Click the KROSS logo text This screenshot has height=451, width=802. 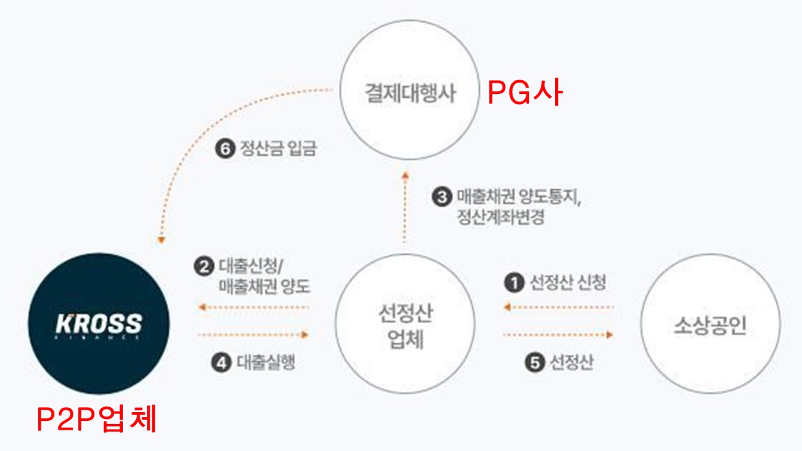pos(99,324)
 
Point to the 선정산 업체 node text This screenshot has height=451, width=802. pos(405,326)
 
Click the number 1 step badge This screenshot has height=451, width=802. pos(514,283)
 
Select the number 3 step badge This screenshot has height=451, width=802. pos(442,197)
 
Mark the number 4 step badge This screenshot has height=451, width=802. pos(221,363)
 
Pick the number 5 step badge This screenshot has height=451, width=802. pos(534,363)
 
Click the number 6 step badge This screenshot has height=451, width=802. pos(224,149)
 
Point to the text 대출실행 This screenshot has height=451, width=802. pos(266,363)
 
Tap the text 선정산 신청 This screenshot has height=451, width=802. pos(568,283)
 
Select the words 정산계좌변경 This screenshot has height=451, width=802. pos(501,218)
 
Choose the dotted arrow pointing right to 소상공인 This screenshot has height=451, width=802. pos(558,335)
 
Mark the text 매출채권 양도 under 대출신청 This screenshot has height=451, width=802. pos(264,287)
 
